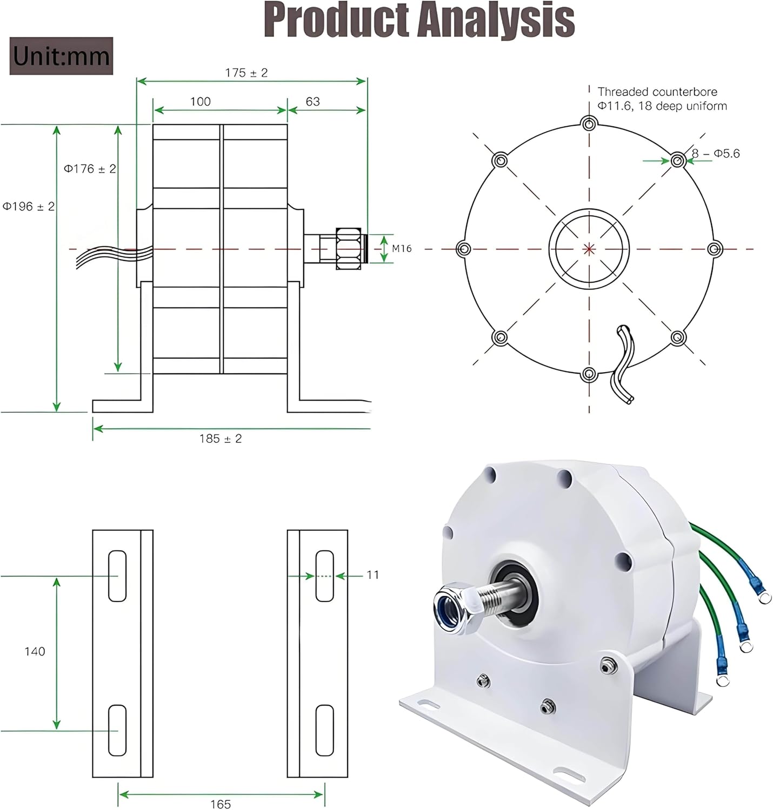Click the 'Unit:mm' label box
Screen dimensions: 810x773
61,56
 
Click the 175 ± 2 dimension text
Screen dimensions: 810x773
246,73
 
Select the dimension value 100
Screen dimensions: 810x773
200,102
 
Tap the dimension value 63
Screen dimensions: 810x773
312,102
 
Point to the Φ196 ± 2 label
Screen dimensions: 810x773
29,207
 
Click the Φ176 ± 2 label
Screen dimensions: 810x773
90,169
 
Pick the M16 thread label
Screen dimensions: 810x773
402,248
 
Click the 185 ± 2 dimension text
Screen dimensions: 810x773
221,438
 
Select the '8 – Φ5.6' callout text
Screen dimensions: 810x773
716,154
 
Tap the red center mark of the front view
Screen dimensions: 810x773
589,249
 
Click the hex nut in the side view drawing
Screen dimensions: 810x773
349,248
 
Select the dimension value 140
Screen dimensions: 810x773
35,651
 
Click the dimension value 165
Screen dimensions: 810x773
221,804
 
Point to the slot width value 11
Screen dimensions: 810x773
373,575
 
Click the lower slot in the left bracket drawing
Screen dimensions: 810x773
117,730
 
